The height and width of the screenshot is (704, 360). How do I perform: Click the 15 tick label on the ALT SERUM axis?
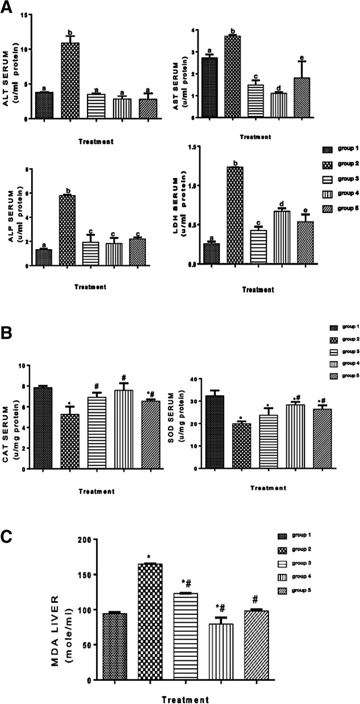point(23,15)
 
